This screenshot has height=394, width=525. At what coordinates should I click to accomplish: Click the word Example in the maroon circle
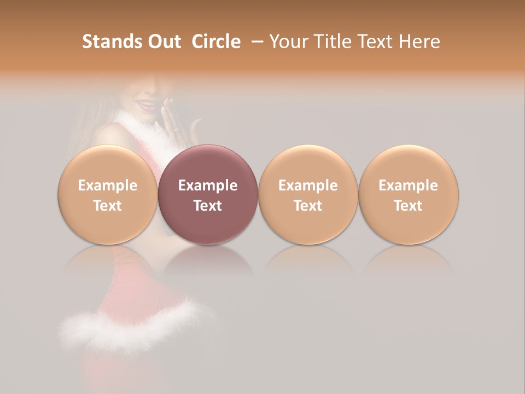[208, 186]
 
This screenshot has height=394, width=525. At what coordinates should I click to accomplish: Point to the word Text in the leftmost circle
[107, 206]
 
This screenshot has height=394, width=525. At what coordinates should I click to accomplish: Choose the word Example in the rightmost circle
[409, 186]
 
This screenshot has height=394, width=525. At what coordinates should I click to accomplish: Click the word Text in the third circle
[308, 206]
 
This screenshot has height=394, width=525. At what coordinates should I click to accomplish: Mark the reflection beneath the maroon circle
[208, 260]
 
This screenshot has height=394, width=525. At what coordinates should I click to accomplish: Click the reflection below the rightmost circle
[409, 260]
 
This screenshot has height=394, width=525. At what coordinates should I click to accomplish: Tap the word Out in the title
[164, 42]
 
